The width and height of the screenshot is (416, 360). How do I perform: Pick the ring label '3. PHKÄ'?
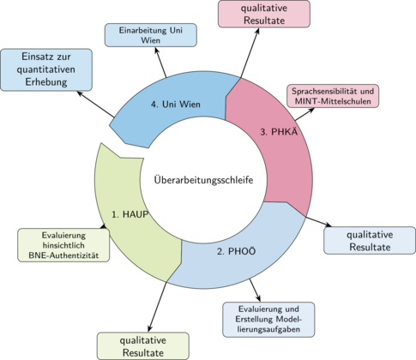(x=279, y=131)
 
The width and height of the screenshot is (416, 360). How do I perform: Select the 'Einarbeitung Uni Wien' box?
(x=151, y=34)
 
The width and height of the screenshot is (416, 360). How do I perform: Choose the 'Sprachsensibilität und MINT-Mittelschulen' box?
(x=332, y=97)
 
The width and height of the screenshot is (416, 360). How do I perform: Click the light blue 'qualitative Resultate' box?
(x=369, y=240)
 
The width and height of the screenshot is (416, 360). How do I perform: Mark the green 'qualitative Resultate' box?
(x=142, y=345)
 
